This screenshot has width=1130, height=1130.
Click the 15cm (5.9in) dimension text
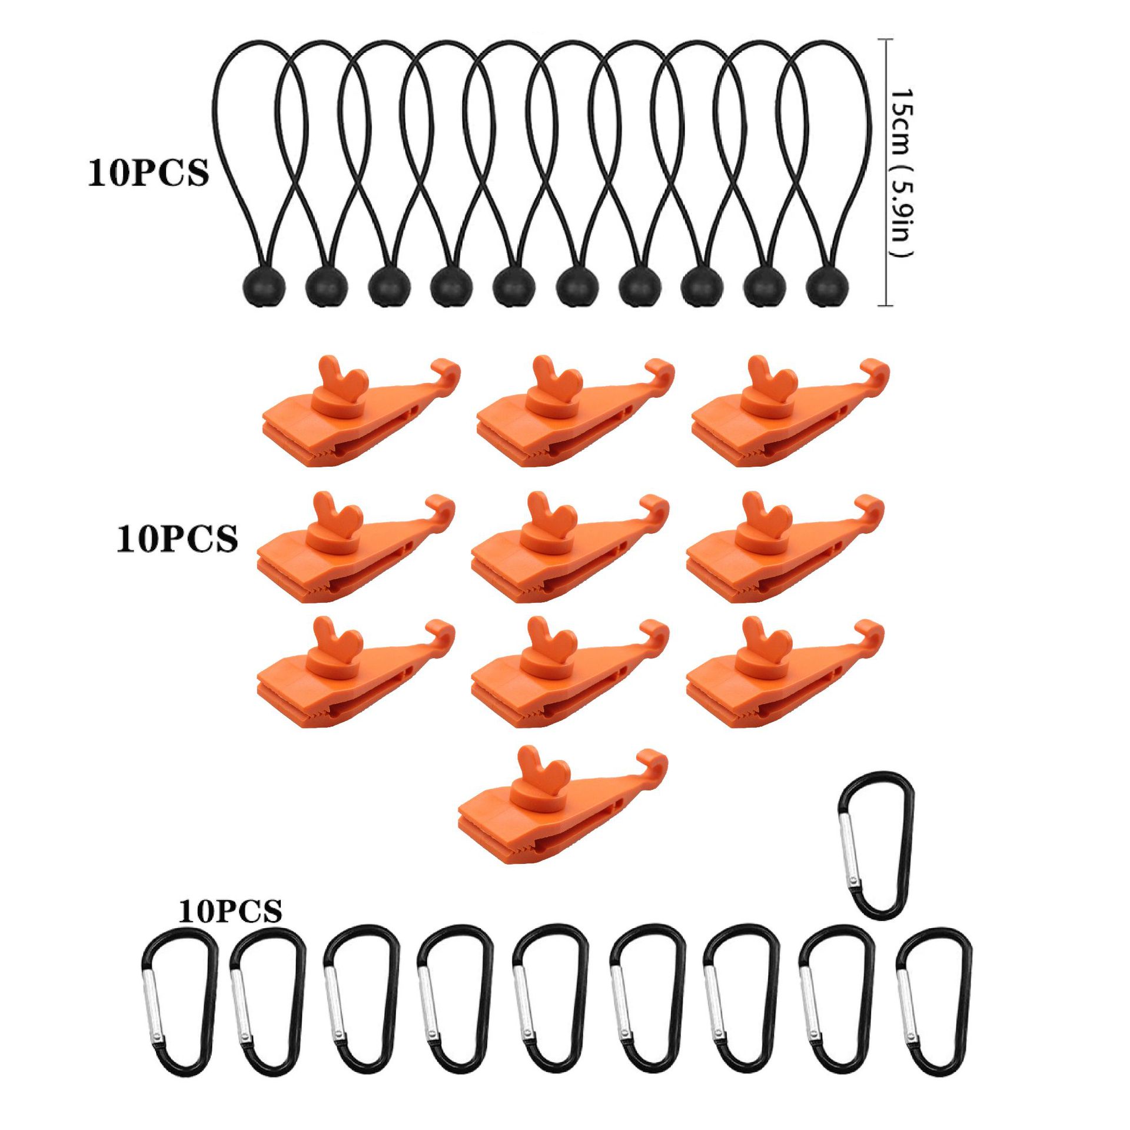[900, 173]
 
